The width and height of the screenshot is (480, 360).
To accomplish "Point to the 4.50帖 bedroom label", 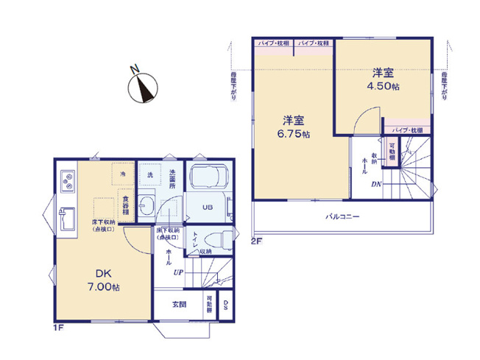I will [382, 80].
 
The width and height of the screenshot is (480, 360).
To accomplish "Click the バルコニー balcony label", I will [342, 217].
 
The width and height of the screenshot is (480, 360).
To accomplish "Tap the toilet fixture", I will [216, 238].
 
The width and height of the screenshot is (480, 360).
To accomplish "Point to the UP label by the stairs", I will [178, 273].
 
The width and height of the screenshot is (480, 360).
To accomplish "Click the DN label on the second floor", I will [375, 184].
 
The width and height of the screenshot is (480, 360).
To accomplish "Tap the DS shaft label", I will [226, 304].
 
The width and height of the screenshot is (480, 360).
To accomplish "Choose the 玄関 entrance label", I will [179, 304].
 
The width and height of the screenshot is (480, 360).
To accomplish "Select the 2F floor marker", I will [256, 241].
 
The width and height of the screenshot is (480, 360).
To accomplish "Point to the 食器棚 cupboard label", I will [126, 205].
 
